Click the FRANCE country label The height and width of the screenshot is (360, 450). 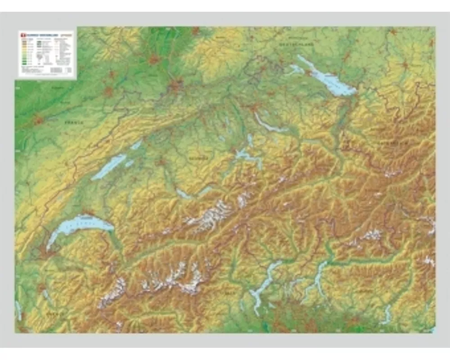point(74,122)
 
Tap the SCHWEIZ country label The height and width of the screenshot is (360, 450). point(198,158)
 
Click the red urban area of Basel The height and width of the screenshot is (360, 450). point(176,85)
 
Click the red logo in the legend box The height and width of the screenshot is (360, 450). point(21,34)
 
